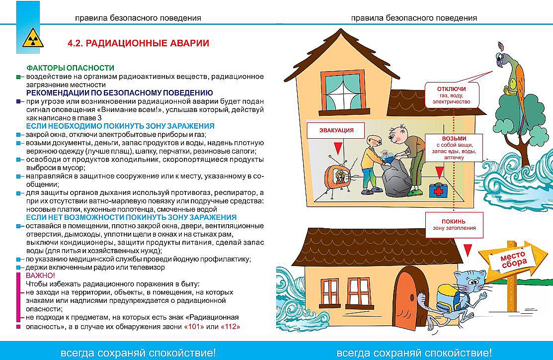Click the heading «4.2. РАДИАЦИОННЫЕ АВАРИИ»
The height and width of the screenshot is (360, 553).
138,43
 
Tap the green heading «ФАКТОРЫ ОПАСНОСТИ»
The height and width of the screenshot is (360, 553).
70,68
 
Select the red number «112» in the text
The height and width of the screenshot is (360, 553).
230,327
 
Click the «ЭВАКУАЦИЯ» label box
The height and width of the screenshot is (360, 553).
337,130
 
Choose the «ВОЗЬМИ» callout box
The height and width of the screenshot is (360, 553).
454,147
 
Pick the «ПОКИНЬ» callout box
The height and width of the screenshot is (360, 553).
454,224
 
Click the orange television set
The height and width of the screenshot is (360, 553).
338,177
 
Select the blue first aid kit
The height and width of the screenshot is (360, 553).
439,190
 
